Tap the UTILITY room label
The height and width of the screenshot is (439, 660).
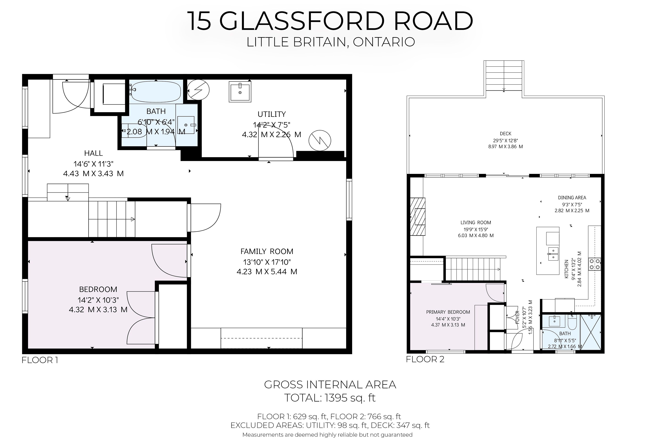[x=272, y=114]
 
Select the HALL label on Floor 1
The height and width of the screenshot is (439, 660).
[x=93, y=153]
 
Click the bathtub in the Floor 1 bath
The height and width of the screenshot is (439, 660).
[x=156, y=91]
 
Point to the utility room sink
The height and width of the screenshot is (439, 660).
[x=240, y=92]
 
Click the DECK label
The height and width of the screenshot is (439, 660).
[x=505, y=134]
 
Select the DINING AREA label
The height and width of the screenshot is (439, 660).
[x=572, y=198]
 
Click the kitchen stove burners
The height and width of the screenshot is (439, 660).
[x=595, y=264]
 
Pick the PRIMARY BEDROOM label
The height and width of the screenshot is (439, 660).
[x=448, y=312]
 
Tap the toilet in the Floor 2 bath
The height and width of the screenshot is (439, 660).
[x=572, y=322]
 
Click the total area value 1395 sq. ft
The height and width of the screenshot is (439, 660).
[x=350, y=398]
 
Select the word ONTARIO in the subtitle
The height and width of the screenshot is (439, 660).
[x=384, y=42]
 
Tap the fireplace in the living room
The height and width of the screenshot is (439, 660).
[x=418, y=217]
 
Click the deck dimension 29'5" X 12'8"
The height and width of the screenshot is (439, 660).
[x=505, y=141]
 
